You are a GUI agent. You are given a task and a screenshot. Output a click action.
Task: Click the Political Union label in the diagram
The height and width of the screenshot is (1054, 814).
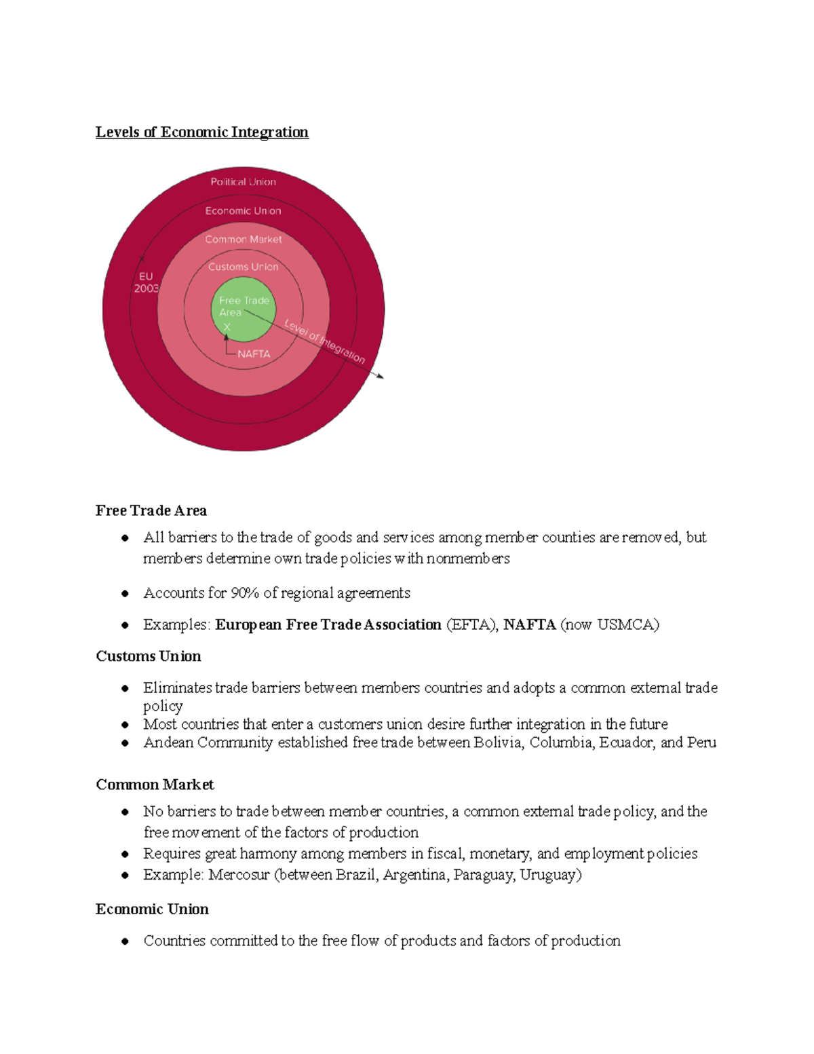click(x=243, y=182)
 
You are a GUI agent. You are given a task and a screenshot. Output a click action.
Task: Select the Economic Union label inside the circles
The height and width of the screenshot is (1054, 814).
click(x=243, y=211)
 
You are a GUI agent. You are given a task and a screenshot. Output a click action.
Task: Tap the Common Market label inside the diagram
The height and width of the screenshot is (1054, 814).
click(x=243, y=240)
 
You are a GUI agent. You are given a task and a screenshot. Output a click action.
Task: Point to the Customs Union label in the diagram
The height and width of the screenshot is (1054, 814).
click(x=243, y=267)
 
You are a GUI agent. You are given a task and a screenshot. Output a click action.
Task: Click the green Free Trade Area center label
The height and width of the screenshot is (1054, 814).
click(x=244, y=306)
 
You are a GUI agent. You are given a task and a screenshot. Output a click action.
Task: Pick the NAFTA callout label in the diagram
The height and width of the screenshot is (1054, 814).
click(x=254, y=354)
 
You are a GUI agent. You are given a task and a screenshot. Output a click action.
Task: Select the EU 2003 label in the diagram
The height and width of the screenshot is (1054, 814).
click(x=146, y=282)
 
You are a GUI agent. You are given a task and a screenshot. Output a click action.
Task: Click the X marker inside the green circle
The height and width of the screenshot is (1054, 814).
click(x=227, y=327)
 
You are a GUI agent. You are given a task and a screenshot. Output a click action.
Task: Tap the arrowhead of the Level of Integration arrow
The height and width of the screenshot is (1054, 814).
click(x=381, y=376)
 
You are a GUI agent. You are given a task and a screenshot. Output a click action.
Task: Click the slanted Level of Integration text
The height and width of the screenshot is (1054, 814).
click(x=324, y=341)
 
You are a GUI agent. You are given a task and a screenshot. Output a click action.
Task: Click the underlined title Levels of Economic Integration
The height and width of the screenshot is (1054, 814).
click(x=201, y=132)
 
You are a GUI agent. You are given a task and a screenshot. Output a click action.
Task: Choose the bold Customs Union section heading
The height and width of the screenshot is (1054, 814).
click(x=149, y=656)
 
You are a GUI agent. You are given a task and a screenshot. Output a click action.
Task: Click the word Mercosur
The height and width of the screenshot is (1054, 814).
click(x=239, y=875)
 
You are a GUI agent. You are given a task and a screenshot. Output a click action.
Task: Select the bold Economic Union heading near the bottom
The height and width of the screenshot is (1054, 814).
click(x=152, y=909)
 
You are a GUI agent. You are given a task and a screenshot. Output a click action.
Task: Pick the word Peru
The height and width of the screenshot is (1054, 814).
click(x=701, y=742)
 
